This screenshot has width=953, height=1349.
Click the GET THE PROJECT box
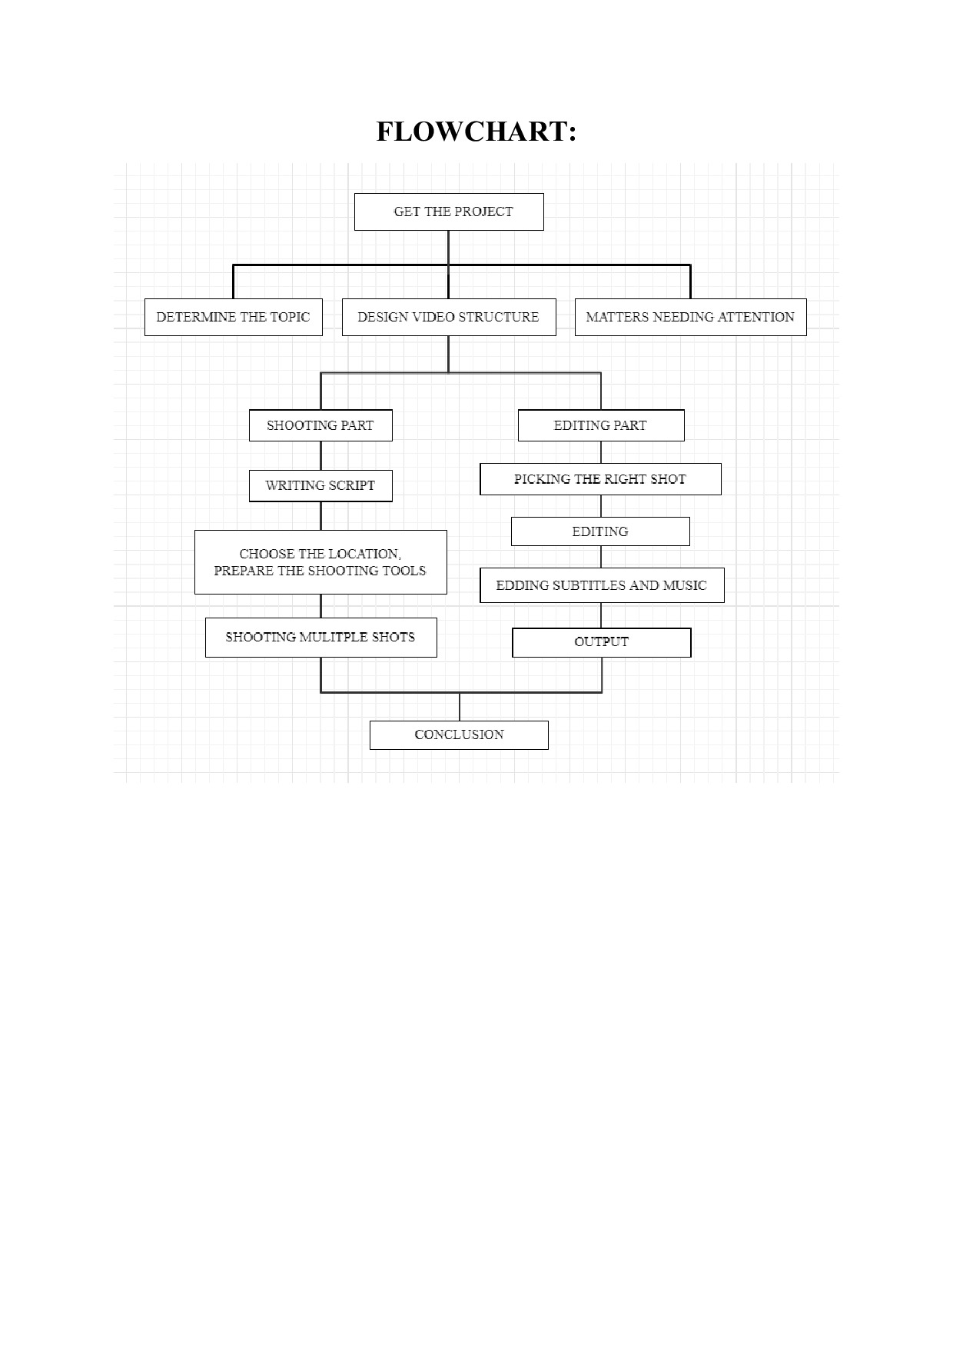[449, 212]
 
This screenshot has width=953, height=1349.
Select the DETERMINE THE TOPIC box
[233, 317]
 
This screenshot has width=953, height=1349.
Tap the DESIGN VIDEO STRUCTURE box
[449, 317]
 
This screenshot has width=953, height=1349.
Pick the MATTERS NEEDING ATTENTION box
[690, 317]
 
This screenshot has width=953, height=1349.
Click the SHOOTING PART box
[320, 425]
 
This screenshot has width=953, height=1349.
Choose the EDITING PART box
[600, 425]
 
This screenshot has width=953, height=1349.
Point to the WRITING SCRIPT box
[320, 485]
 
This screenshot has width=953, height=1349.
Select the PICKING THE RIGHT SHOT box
[600, 479]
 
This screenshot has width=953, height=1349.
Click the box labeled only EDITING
[600, 531]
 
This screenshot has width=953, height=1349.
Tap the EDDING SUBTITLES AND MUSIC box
[602, 585]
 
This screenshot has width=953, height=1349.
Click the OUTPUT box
[601, 642]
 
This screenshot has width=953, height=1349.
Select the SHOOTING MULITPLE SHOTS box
[320, 637]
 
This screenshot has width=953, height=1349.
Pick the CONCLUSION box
[459, 734]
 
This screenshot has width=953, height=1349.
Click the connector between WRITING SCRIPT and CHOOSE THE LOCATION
[320, 515]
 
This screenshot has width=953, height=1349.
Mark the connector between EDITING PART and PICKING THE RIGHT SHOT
[601, 452]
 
